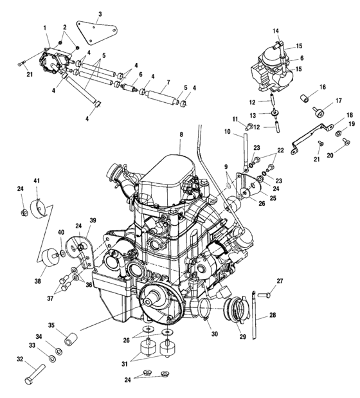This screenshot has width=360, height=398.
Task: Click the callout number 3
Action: point(100,14)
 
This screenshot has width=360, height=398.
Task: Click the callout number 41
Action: point(37,180)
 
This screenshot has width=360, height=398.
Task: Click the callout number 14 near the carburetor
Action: point(275,31)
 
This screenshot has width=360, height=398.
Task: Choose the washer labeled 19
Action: point(338,133)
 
